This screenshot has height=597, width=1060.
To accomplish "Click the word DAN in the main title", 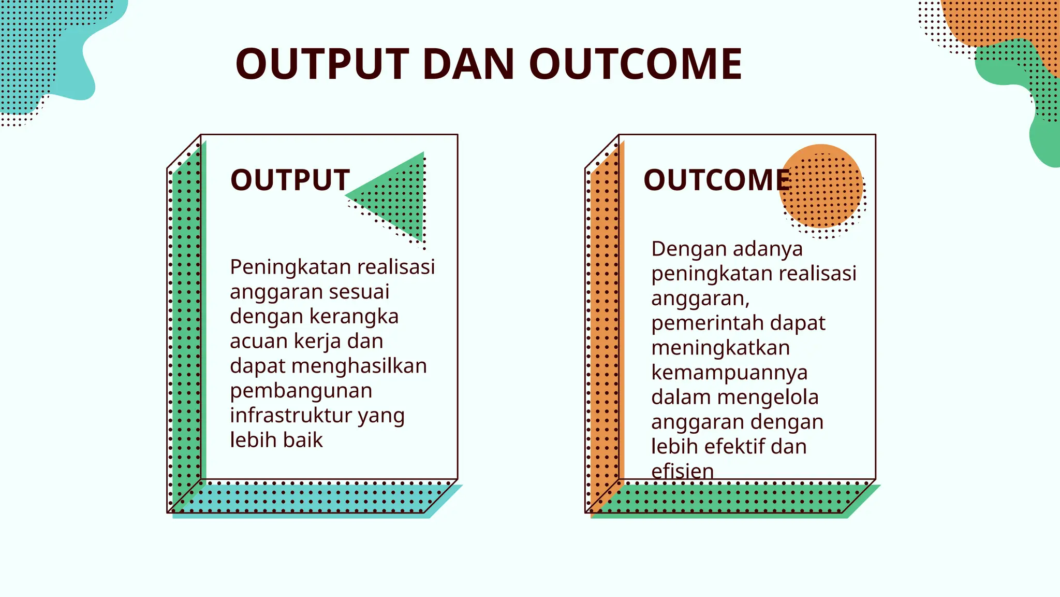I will click(x=468, y=64).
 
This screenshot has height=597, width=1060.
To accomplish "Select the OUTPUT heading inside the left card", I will click(x=290, y=180).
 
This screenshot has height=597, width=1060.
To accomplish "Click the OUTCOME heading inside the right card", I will click(x=717, y=180).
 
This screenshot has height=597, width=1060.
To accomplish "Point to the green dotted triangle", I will click(x=399, y=197).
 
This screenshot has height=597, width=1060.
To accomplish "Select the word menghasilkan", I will click(x=359, y=366).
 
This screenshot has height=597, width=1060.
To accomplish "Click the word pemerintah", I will click(x=706, y=323).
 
